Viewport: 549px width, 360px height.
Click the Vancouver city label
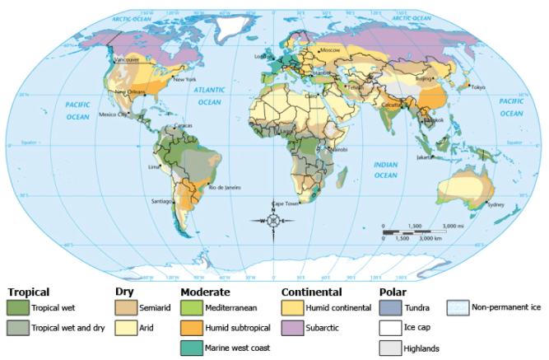(x=126, y=60)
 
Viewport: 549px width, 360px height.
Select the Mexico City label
(x=113, y=115)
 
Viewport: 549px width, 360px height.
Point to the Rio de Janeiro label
(x=223, y=188)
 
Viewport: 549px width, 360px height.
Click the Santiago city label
(x=160, y=200)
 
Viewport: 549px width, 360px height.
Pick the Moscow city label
(x=329, y=50)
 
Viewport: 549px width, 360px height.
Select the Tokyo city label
(x=478, y=87)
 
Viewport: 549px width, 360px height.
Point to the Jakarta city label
(x=426, y=157)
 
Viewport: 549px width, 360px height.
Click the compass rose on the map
(x=273, y=221)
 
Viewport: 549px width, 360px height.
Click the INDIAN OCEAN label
(x=385, y=170)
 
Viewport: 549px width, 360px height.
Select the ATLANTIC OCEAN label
(x=209, y=97)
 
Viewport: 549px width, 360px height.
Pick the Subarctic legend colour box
(x=291, y=327)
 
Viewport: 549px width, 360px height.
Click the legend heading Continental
(x=311, y=292)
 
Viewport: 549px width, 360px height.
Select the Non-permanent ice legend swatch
(x=458, y=307)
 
